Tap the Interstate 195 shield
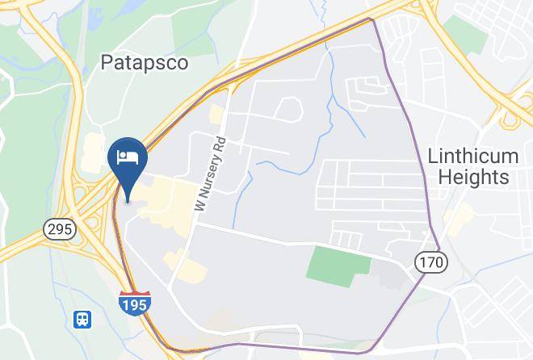point(134,304)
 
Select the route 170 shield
point(430,262)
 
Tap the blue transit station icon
point(82,320)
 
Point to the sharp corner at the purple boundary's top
point(371,19)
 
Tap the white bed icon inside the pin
point(127,155)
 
